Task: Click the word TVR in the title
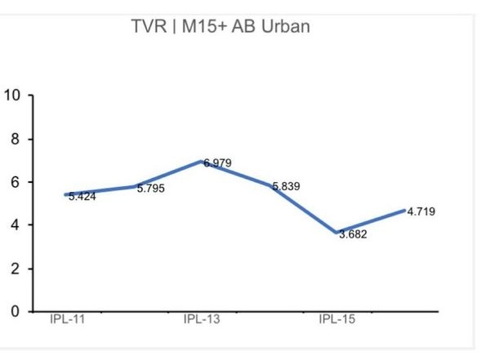pyautogui.click(x=148, y=26)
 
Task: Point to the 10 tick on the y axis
pyautogui.click(x=11, y=96)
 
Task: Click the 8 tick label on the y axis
pyautogui.click(x=15, y=139)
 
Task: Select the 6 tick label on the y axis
pyautogui.click(x=15, y=182)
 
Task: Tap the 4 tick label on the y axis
pyautogui.click(x=15, y=225)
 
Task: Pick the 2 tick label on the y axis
pyautogui.click(x=15, y=269)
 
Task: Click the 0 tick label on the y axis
pyautogui.click(x=15, y=312)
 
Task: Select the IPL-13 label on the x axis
pyautogui.click(x=202, y=319)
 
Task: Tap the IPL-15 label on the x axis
pyautogui.click(x=336, y=319)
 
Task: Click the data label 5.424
pyautogui.click(x=82, y=197)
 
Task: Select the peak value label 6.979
pyautogui.click(x=218, y=163)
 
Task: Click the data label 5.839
pyautogui.click(x=286, y=187)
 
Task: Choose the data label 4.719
pyautogui.click(x=421, y=212)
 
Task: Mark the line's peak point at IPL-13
pyautogui.click(x=202, y=161)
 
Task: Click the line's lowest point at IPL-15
pyautogui.click(x=336, y=232)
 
